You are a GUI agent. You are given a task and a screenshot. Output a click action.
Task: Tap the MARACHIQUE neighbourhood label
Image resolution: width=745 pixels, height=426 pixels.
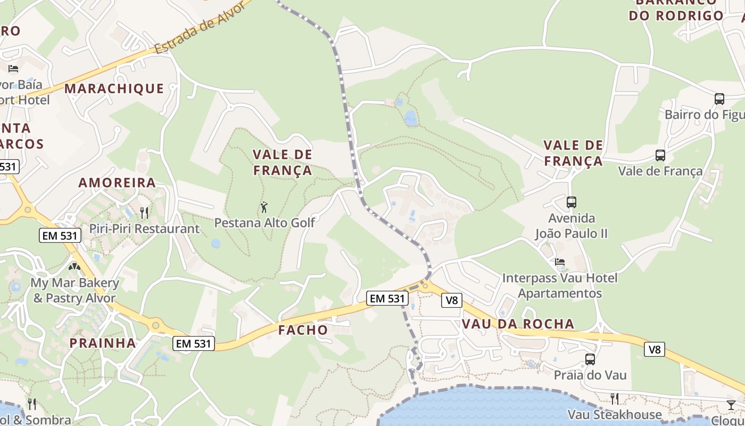click(114, 88)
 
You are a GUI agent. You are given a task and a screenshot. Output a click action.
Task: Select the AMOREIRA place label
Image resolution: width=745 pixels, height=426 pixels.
click(117, 183)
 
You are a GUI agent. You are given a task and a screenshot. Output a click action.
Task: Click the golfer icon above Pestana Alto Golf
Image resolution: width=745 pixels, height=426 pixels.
click(264, 207)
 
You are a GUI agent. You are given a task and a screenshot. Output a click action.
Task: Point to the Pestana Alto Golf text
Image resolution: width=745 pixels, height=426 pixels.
click(264, 223)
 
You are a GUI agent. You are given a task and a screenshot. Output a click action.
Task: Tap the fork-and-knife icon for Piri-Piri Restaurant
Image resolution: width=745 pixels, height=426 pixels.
click(144, 213)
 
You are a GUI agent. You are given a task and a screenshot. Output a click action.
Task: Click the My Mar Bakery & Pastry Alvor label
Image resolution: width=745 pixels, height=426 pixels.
click(74, 290)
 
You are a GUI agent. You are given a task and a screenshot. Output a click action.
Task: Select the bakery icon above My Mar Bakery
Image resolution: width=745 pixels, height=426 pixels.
click(74, 266)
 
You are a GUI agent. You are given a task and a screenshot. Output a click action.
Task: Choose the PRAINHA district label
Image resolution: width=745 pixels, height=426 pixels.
click(103, 342)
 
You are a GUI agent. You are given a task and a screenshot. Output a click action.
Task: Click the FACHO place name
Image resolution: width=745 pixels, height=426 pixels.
click(303, 330)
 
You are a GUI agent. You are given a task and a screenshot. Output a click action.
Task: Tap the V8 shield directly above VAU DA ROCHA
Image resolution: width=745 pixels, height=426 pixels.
click(451, 300)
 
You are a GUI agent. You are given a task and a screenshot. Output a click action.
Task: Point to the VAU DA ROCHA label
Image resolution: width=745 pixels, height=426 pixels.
click(518, 324)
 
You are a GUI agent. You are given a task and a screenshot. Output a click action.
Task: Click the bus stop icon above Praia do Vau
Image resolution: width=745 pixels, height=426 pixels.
click(590, 359)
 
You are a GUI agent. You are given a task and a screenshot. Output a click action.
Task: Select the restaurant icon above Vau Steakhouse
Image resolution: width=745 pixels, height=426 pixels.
click(615, 398)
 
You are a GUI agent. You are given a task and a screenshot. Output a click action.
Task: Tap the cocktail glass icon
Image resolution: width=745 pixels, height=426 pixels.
click(731, 405)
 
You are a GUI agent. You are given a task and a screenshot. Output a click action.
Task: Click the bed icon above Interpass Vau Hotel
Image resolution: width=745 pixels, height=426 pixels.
click(560, 261)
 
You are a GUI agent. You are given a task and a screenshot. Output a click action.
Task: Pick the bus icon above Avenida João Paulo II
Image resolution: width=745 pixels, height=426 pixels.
click(572, 202)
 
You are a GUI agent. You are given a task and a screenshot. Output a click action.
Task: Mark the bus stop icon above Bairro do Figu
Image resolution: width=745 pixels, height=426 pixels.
click(719, 99)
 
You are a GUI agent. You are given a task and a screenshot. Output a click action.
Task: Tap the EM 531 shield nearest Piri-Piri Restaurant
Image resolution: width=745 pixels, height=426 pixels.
click(60, 235)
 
